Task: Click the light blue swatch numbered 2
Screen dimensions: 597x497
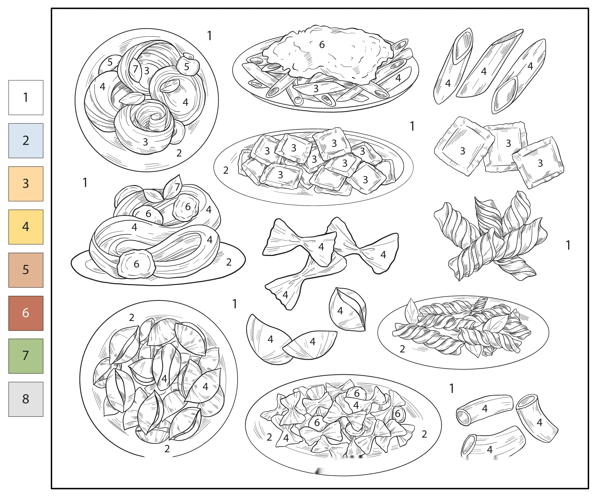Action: pyautogui.click(x=26, y=141)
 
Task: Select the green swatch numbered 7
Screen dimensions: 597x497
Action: pyautogui.click(x=26, y=356)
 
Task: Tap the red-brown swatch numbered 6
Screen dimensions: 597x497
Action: pyautogui.click(x=26, y=313)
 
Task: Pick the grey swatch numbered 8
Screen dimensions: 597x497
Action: pyautogui.click(x=26, y=399)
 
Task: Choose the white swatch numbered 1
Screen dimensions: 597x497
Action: pyautogui.click(x=26, y=97)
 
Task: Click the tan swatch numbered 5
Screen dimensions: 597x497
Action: pyautogui.click(x=26, y=270)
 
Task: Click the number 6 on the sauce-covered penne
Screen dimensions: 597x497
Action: pyautogui.click(x=322, y=45)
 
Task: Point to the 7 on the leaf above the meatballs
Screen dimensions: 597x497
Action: pyautogui.click(x=177, y=187)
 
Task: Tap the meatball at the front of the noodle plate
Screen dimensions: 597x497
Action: pyautogui.click(x=136, y=264)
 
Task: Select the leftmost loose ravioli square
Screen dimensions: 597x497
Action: pyautogui.click(x=463, y=146)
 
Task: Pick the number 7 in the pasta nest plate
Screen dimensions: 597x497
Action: pyautogui.click(x=135, y=69)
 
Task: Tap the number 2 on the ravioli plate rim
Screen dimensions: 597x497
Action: pyautogui.click(x=226, y=170)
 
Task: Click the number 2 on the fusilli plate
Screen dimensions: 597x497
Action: pyautogui.click(x=402, y=349)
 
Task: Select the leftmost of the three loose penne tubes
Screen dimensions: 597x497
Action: pyautogui.click(x=453, y=66)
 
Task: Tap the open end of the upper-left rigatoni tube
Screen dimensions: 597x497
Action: pyautogui.click(x=464, y=417)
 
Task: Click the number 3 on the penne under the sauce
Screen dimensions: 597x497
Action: pyautogui.click(x=316, y=89)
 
